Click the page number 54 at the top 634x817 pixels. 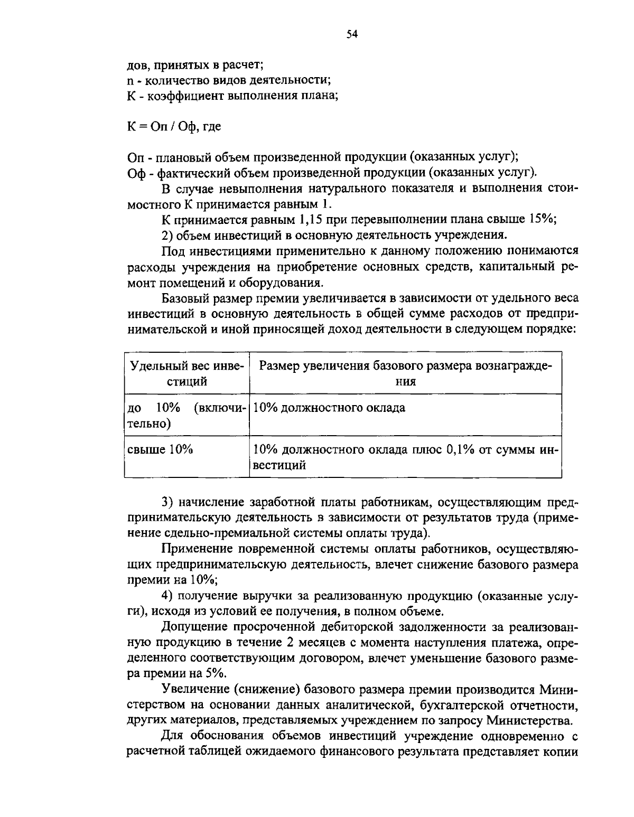tap(352, 35)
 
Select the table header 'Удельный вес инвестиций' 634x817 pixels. tap(184, 373)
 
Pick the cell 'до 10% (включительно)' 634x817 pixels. tap(185, 416)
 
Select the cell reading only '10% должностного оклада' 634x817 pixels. tap(329, 408)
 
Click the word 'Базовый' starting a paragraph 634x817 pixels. tap(185, 298)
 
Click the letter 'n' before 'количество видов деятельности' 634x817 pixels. tap(130, 81)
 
